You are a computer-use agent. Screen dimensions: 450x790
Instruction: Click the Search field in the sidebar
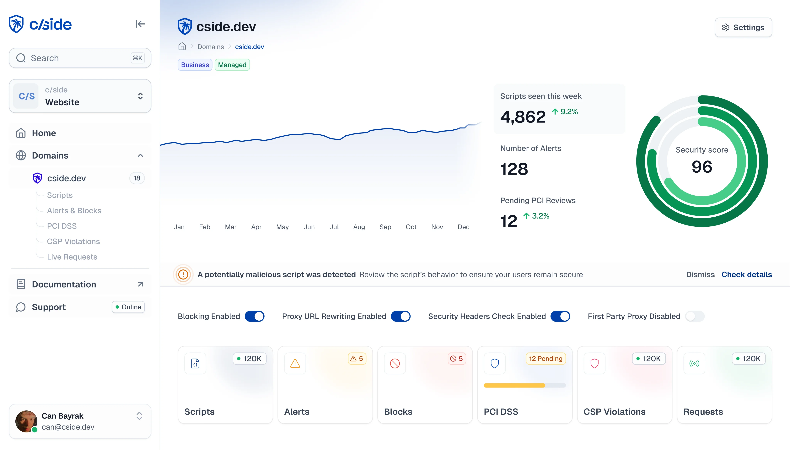pos(80,58)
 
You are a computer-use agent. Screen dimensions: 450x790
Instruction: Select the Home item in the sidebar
pos(44,133)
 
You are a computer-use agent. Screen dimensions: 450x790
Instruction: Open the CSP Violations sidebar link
pos(73,241)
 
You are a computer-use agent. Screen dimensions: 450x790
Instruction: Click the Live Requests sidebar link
pos(72,257)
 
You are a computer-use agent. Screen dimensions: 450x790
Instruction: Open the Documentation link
pos(64,284)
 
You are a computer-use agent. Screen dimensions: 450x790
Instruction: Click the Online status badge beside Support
pos(128,307)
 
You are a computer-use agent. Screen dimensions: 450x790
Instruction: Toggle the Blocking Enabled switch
pos(254,316)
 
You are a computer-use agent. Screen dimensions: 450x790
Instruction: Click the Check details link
pos(746,274)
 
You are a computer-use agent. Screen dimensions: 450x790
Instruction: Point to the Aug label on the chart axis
pos(359,227)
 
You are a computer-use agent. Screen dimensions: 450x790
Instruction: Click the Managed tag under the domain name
pos(232,65)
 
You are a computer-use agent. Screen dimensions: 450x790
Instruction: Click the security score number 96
pos(702,167)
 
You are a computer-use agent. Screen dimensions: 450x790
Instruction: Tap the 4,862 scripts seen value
pos(523,117)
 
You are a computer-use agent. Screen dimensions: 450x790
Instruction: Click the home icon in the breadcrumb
pos(182,47)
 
